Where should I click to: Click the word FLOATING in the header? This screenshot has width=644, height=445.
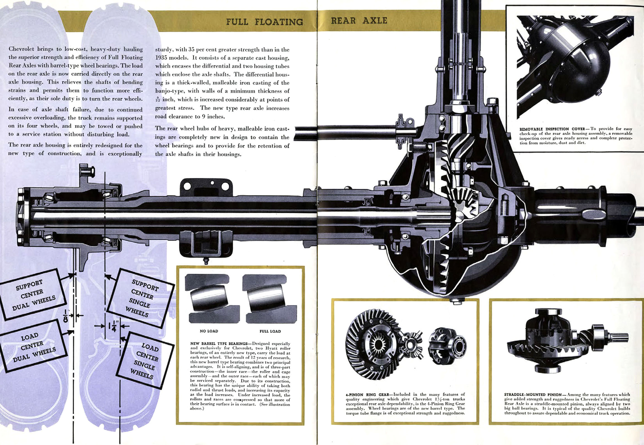coord(279,22)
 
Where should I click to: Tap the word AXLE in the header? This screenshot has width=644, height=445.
coord(375,21)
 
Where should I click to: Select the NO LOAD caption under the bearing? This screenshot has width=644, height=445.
coord(209,331)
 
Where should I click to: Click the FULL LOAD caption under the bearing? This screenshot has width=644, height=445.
coord(270,331)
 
